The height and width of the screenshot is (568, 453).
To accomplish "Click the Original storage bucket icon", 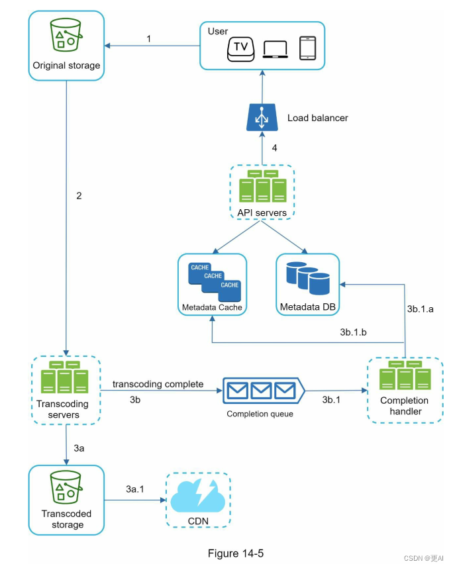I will [x=66, y=35].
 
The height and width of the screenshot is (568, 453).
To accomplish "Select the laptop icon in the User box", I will [x=275, y=50].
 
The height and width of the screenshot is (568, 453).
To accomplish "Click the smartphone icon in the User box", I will [x=306, y=48].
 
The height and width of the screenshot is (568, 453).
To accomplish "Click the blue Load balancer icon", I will [x=262, y=117].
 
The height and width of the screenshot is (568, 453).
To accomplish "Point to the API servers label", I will [x=262, y=213].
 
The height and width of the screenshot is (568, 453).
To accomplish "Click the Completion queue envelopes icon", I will [x=263, y=391].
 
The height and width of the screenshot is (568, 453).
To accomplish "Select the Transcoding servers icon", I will [x=64, y=380].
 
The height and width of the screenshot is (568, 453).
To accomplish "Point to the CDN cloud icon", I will [x=198, y=496].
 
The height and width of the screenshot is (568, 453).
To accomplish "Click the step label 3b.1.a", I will [x=420, y=308].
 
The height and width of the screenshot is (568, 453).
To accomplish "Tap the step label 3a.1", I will [x=137, y=489].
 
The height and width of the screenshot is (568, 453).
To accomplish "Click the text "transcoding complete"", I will [x=158, y=384].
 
